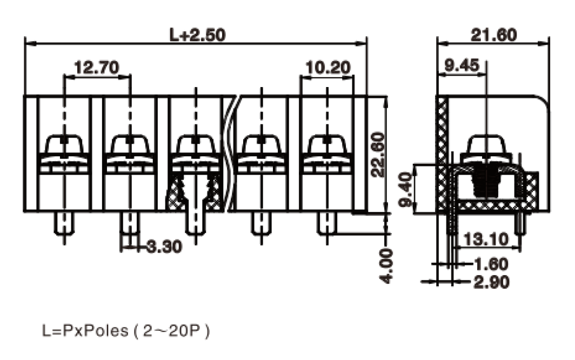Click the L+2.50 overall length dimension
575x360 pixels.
[x=197, y=35]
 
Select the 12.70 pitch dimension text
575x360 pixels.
[x=97, y=68]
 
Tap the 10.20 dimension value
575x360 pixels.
[x=328, y=68]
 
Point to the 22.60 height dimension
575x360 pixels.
[x=378, y=155]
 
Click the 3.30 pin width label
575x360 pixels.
[x=164, y=246]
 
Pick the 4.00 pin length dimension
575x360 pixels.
[x=386, y=266]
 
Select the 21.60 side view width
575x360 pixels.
[x=493, y=35]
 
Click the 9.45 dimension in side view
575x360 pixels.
[x=462, y=65]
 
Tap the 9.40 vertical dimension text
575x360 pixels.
[x=406, y=190]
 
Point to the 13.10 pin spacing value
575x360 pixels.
[x=486, y=239]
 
